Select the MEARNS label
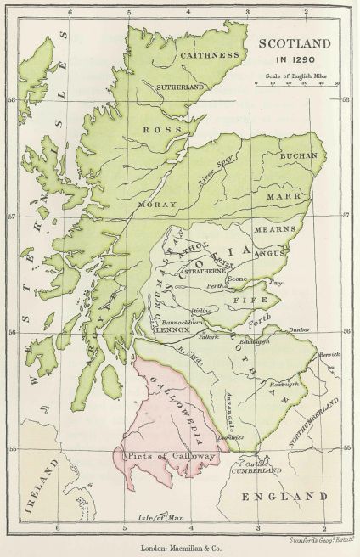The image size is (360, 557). point(285,229)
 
